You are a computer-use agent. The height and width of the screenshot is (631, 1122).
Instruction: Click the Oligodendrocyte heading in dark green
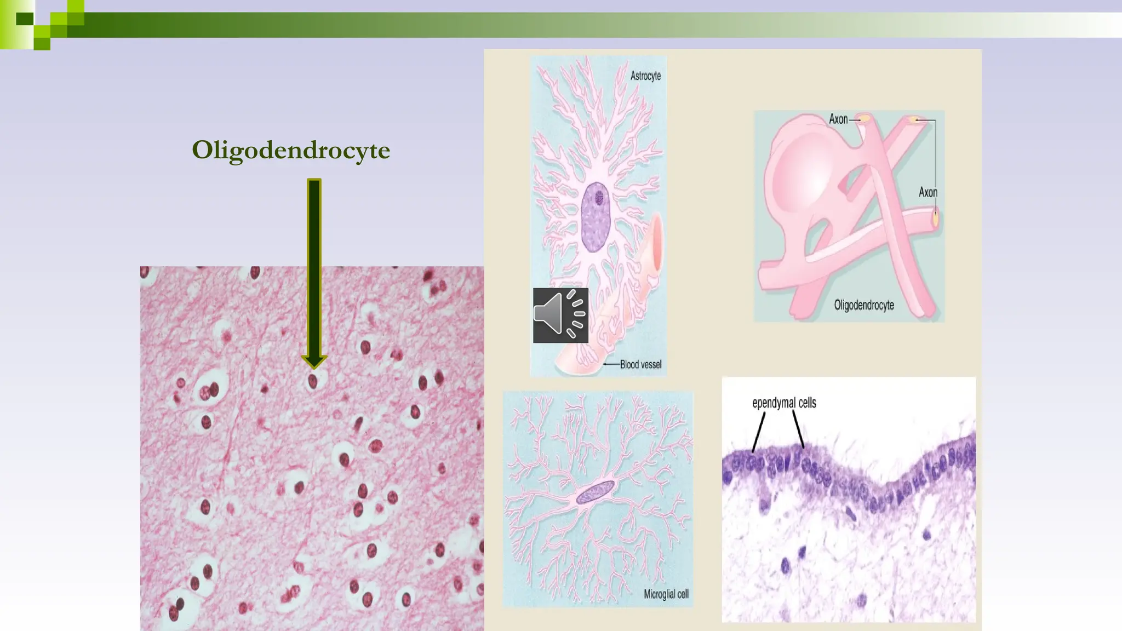[x=291, y=150]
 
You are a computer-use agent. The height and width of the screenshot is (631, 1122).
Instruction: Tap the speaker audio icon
[x=560, y=315]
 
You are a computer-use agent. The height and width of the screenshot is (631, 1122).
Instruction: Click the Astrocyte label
[x=645, y=76]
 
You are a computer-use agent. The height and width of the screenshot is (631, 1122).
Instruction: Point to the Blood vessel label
[x=640, y=365]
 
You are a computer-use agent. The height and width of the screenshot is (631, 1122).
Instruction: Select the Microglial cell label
[x=666, y=594]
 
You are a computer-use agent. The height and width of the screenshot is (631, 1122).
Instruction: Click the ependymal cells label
[x=784, y=403]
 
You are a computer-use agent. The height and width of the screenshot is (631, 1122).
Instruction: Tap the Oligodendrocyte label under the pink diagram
[x=864, y=305]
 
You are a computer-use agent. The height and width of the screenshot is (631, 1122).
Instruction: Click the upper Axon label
[x=838, y=119]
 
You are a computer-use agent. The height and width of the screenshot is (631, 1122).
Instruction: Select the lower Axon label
[x=928, y=192]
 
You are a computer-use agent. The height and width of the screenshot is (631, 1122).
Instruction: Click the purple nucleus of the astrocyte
[x=596, y=217]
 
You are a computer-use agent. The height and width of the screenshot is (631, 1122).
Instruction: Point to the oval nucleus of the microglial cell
[x=596, y=491]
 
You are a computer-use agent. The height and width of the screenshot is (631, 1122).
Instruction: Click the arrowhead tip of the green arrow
[x=314, y=365]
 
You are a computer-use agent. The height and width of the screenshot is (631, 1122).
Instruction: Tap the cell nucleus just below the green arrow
[x=313, y=381]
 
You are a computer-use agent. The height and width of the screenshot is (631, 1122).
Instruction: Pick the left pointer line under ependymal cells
[x=759, y=432]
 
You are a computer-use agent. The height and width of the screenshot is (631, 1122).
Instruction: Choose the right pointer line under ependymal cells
[x=798, y=430]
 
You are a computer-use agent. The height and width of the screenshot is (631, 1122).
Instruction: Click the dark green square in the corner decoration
[x=25, y=19]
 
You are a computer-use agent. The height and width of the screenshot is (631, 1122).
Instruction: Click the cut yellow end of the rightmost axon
[x=935, y=217]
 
